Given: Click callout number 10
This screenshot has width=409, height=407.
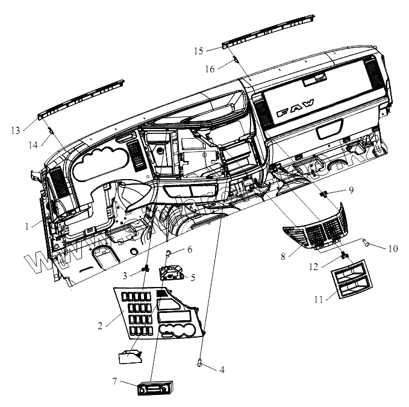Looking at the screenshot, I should click(x=393, y=247).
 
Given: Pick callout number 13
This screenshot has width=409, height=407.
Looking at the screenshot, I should click(x=15, y=130).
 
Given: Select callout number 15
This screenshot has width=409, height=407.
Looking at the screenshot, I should click(x=198, y=51).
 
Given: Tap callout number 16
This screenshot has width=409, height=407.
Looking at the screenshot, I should click(x=210, y=69).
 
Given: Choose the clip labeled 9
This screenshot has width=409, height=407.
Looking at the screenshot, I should click(x=324, y=194).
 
